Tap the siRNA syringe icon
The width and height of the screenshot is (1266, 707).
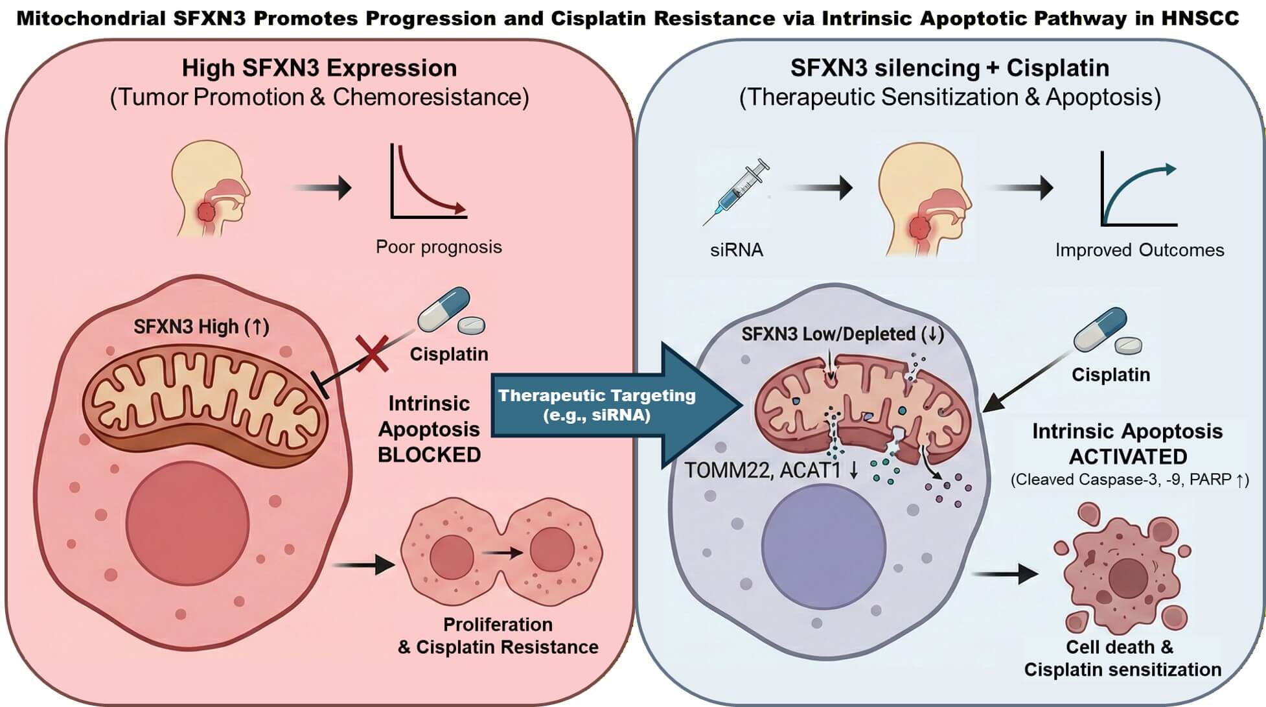737,192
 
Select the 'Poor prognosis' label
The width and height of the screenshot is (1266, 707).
439,247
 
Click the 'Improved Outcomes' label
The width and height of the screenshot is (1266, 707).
1139,250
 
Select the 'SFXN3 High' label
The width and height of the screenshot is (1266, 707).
201,327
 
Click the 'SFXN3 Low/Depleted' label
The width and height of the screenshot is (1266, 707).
842,334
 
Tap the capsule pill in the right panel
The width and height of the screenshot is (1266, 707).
1099,329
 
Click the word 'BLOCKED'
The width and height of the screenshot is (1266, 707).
429,455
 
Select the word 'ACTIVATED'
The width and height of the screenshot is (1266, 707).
1127,457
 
